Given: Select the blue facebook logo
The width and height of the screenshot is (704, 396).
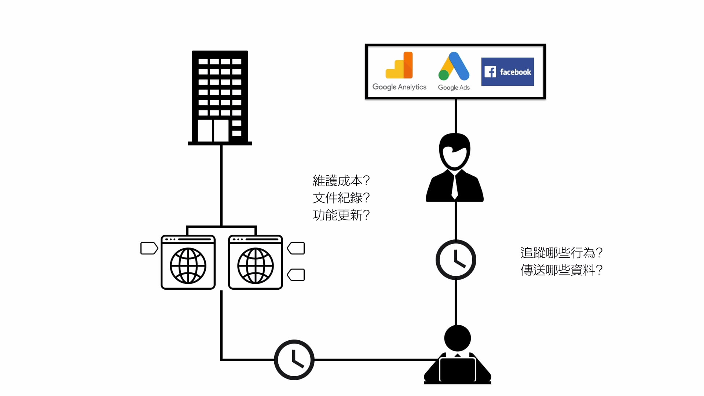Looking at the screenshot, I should [507, 72].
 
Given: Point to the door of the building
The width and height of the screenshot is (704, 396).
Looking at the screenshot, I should [213, 131].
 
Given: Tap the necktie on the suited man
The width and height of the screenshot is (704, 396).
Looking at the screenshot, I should [455, 187].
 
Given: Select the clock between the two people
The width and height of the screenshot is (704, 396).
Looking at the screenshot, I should [456, 260].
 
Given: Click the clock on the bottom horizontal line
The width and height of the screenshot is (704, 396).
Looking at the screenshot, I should [294, 360].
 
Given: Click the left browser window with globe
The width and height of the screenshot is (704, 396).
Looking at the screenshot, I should [188, 263].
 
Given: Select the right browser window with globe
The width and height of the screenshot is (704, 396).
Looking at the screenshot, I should [256, 263].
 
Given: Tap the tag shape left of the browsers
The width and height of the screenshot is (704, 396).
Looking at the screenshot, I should [149, 248].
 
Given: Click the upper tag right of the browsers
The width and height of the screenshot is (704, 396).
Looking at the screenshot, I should [296, 248].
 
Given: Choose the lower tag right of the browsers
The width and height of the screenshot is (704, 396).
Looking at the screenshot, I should [296, 275].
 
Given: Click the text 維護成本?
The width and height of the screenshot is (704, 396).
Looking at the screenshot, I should [341, 181].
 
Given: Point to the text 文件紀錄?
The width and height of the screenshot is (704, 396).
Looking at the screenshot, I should [341, 198].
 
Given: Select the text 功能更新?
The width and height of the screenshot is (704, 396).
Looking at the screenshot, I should [341, 215].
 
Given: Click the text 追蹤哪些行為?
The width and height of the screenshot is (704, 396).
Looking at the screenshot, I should [561, 253].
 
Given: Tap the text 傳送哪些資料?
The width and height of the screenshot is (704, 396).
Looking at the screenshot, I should [561, 270].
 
